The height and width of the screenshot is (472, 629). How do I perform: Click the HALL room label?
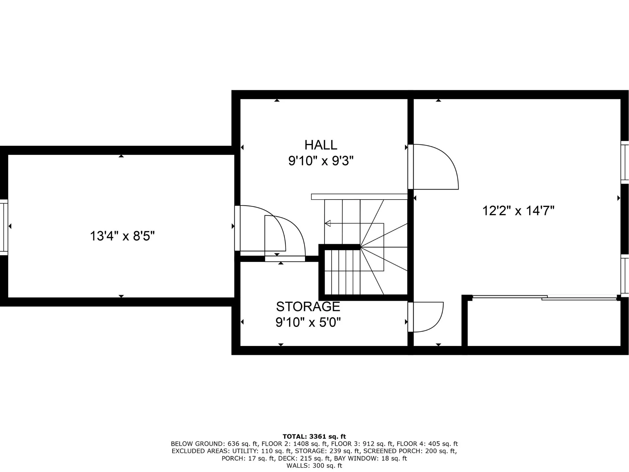[x=321, y=145]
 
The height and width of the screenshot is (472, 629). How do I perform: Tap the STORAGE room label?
[x=308, y=307]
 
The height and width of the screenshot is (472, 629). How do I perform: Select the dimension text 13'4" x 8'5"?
[x=122, y=236]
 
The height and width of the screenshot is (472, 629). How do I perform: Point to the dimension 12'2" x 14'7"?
[x=518, y=211]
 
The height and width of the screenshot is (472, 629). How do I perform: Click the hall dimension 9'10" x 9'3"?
[x=321, y=161]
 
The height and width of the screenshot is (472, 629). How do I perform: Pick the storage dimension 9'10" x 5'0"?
[x=308, y=323]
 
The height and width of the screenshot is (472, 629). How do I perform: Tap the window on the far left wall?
[x=4, y=227]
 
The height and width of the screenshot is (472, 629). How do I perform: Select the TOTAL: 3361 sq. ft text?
[x=314, y=436]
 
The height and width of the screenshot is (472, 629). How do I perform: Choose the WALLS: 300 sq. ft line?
[x=314, y=466]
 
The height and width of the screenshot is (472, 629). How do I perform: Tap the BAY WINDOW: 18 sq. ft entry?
[x=370, y=458]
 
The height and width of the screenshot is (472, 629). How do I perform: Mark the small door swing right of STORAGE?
[x=427, y=317]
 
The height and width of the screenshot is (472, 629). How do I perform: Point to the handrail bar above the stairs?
[x=359, y=197]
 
